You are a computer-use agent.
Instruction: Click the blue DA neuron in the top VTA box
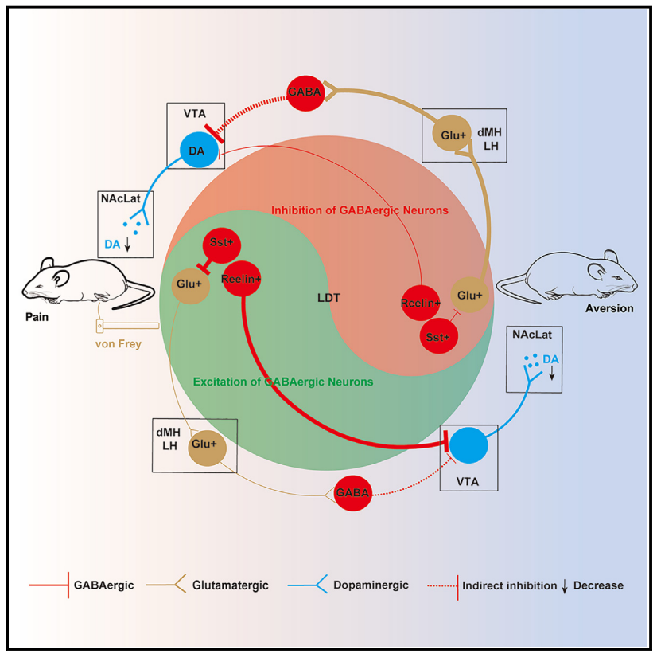196,150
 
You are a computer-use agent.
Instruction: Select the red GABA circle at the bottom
352,493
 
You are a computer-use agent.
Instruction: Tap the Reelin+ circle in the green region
243,278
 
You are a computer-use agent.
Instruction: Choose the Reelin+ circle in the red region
421,304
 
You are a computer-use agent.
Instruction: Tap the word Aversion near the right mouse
609,308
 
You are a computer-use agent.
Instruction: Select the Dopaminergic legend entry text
372,585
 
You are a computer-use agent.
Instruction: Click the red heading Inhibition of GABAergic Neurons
360,210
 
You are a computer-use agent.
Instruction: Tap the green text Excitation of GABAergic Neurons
283,382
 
